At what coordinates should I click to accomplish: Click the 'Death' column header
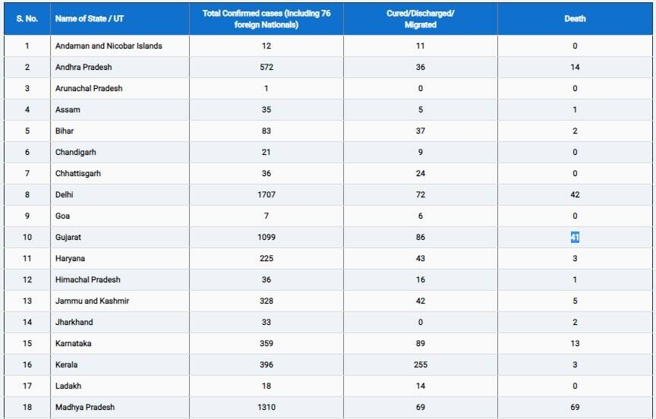(575, 19)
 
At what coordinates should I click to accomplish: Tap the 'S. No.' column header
(27, 19)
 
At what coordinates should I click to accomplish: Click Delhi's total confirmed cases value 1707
(266, 195)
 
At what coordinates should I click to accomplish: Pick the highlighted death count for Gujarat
(575, 238)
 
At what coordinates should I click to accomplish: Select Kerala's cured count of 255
(421, 365)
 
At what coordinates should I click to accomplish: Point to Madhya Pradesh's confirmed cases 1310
(266, 408)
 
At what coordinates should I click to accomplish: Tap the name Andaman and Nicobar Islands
(109, 46)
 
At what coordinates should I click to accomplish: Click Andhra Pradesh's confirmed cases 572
(266, 68)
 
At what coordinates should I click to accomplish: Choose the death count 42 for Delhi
(575, 195)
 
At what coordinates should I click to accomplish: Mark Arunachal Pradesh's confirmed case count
(266, 89)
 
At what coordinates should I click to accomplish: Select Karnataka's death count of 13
(575, 344)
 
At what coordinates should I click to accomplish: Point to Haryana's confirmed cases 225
(266, 259)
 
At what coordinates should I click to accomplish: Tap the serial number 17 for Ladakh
(27, 386)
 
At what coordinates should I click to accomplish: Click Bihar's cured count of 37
(421, 131)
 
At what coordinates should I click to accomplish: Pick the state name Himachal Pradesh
(87, 280)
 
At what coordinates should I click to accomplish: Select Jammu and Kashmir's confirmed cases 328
(266, 301)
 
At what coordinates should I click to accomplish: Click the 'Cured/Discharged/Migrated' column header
(421, 19)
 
